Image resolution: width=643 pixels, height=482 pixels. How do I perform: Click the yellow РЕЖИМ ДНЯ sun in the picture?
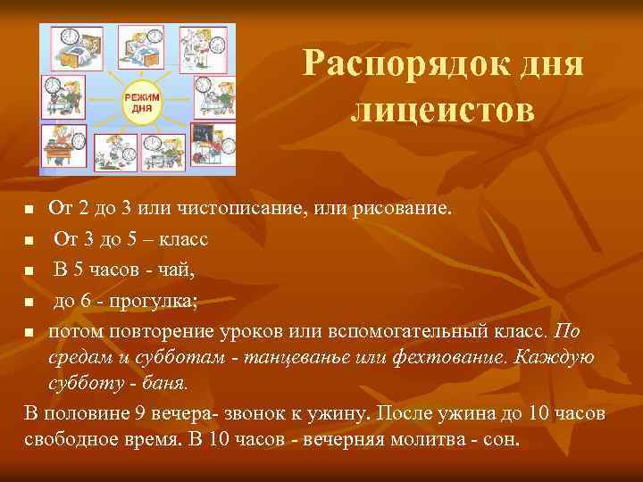(x=137, y=100)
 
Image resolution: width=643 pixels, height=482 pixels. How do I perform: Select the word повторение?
(x=142, y=329)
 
